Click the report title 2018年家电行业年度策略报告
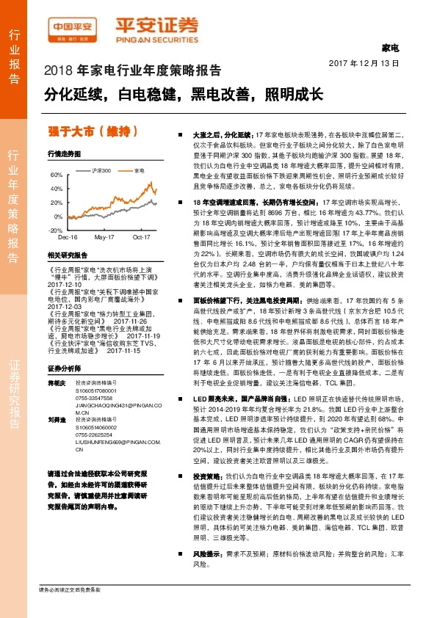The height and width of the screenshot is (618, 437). [x=133, y=71]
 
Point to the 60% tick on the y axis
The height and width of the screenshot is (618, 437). [x=56, y=175]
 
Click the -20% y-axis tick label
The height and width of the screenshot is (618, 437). [x=55, y=230]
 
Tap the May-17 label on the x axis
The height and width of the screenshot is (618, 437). [x=104, y=238]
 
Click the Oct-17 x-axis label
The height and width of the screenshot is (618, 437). [x=141, y=238]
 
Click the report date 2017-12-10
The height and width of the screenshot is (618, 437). [x=62, y=285]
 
